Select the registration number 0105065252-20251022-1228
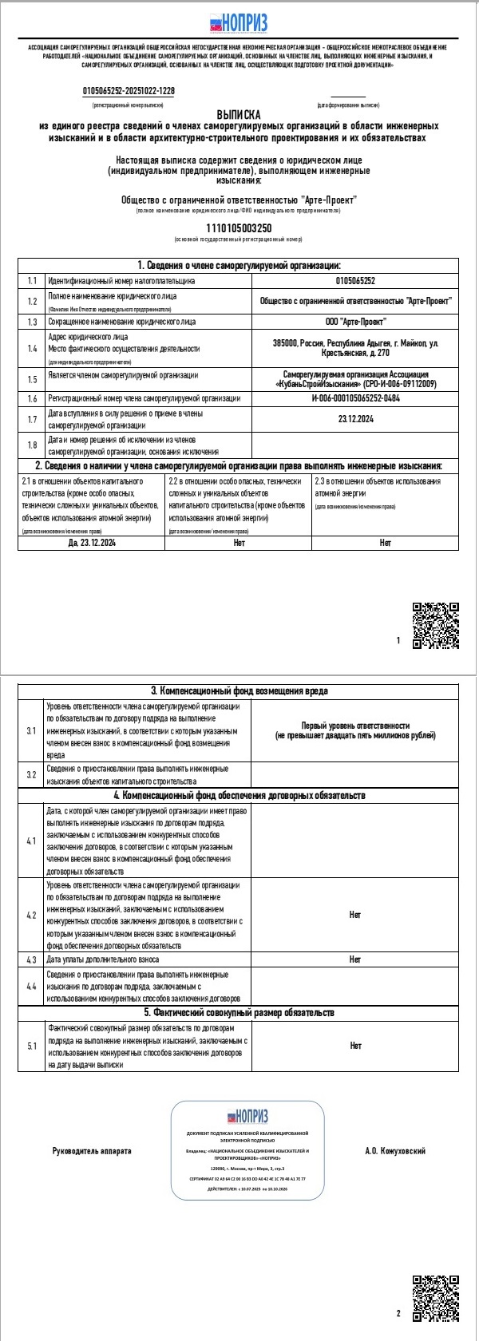129,91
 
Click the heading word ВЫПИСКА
238,115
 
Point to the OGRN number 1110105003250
239,228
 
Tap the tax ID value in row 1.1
355,281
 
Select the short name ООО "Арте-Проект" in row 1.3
355,322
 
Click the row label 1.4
32,348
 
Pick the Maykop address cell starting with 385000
355,348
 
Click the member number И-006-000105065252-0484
355,398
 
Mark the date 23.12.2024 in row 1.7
355,418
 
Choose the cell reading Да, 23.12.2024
92,543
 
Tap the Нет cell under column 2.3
386,543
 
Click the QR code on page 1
435,625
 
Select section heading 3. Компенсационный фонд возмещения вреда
239,690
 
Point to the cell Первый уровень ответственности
355,730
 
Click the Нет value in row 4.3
355,959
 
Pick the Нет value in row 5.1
355,1045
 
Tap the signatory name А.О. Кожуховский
395,1150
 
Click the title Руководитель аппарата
92,1150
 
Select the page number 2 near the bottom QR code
398,1313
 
